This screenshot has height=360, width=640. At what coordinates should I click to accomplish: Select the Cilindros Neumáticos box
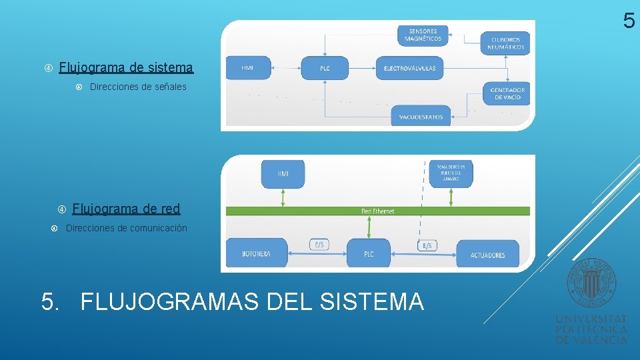pyautogui.click(x=505, y=43)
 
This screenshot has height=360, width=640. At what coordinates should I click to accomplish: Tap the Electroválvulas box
pyautogui.click(x=409, y=68)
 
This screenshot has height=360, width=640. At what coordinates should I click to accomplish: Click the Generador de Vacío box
pyautogui.click(x=507, y=94)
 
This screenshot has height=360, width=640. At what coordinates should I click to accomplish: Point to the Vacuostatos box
pyautogui.click(x=421, y=116)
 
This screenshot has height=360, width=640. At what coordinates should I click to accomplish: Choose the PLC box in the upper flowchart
pyautogui.click(x=325, y=68)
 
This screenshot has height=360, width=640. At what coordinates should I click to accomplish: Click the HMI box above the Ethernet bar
pyautogui.click(x=283, y=174)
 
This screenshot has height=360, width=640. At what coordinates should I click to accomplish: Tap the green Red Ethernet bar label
pyautogui.click(x=377, y=211)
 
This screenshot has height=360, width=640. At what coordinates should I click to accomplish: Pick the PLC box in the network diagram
pyautogui.click(x=369, y=254)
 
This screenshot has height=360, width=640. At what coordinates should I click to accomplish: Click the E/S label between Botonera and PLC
pyautogui.click(x=319, y=245)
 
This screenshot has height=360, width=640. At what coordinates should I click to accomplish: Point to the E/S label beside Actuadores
pyautogui.click(x=427, y=245)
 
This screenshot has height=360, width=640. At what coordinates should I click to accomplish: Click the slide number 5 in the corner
pyautogui.click(x=629, y=21)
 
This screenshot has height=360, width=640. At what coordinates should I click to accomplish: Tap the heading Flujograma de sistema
pyautogui.click(x=126, y=67)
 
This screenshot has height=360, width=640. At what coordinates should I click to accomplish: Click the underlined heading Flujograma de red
pyautogui.click(x=126, y=209)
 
